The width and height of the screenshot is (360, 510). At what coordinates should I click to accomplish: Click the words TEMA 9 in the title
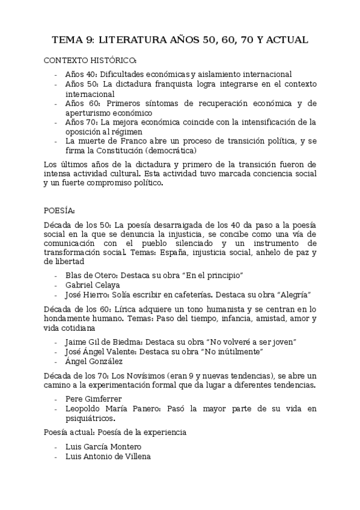coord(72,40)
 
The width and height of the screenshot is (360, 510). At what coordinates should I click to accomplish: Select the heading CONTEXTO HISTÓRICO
coord(90,61)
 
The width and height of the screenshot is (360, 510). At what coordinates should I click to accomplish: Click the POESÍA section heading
coord(59,211)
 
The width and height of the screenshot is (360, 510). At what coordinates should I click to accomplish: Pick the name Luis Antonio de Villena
coord(108,456)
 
